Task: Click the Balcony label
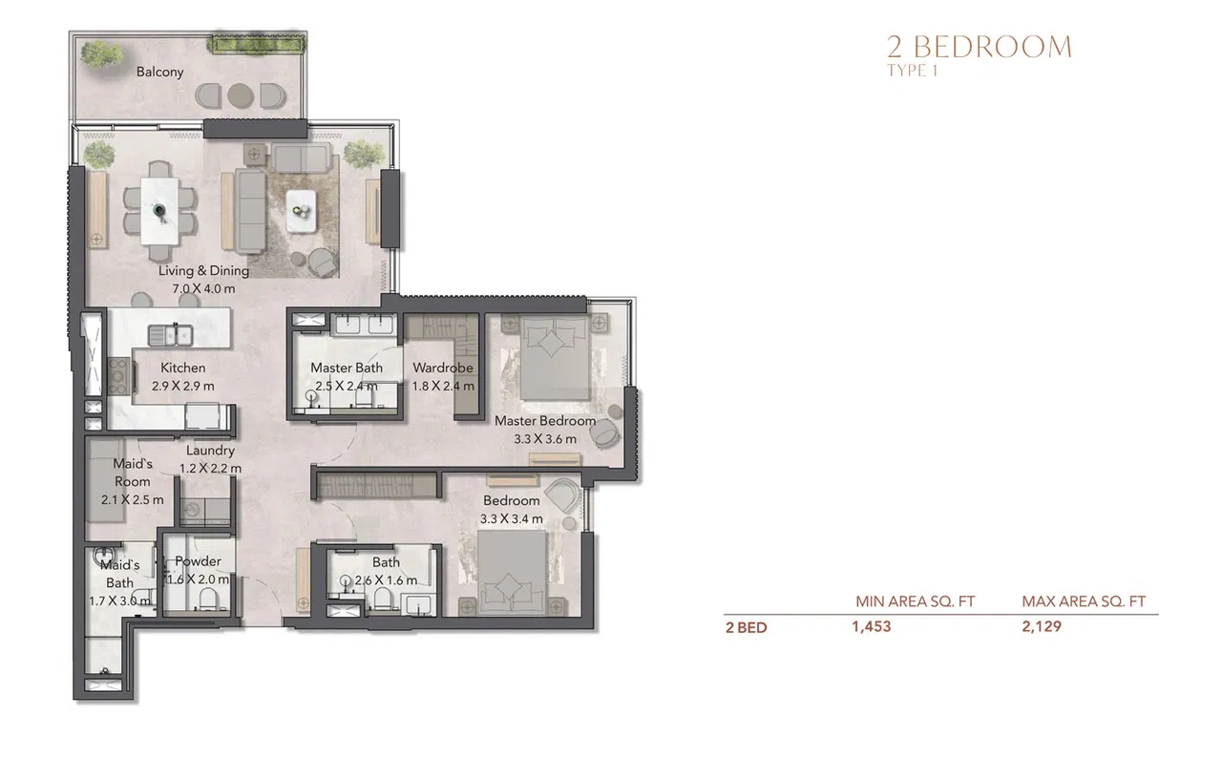pyautogui.click(x=159, y=72)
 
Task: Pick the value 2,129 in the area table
pyautogui.click(x=1042, y=627)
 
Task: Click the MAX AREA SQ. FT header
pyautogui.click(x=1083, y=601)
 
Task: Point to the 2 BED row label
pyautogui.click(x=746, y=628)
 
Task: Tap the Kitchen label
pyautogui.click(x=182, y=368)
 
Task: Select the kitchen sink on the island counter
pyautogui.click(x=172, y=334)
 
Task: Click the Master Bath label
pyautogui.click(x=346, y=368)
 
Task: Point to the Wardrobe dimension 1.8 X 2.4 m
pyautogui.click(x=442, y=387)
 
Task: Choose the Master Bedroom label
pyautogui.click(x=544, y=421)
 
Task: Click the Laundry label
pyautogui.click(x=210, y=451)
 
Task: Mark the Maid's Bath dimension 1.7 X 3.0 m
pyautogui.click(x=119, y=601)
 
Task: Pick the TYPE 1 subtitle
pyautogui.click(x=913, y=71)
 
